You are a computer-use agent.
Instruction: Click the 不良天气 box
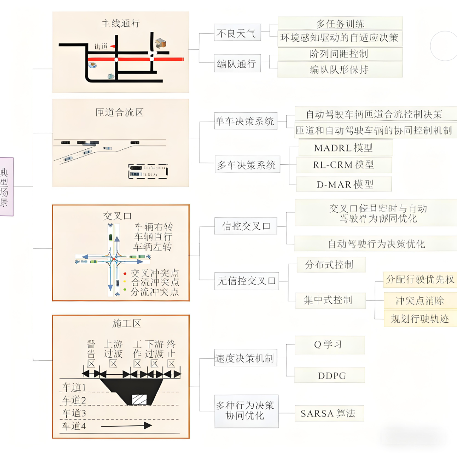pyautogui.click(x=237, y=34)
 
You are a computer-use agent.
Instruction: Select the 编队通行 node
pyautogui.click(x=237, y=64)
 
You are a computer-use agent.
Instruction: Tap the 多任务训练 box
pyautogui.click(x=340, y=23)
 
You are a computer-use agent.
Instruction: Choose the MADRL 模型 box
pyautogui.click(x=343, y=148)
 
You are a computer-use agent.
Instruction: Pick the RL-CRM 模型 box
pyautogui.click(x=343, y=165)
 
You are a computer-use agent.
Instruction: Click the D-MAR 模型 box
pyautogui.click(x=343, y=184)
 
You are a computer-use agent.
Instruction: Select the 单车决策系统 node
pyautogui.click(x=245, y=122)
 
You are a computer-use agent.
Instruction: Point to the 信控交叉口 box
pyautogui.click(x=246, y=226)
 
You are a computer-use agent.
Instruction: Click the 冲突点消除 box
pyautogui.click(x=420, y=301)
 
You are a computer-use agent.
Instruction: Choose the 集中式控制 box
pyautogui.click(x=328, y=300)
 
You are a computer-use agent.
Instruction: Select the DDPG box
pyautogui.click(x=331, y=376)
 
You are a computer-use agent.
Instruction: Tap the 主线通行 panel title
pyautogui.click(x=120, y=23)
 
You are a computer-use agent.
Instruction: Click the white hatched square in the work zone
pyautogui.click(x=139, y=399)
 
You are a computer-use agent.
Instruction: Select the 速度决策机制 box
pyautogui.click(x=244, y=359)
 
